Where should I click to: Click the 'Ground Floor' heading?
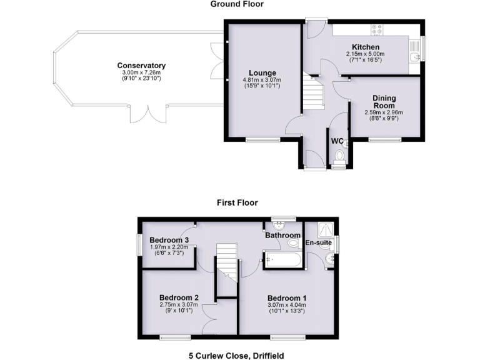[x=237, y=4]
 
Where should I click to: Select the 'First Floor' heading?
[x=237, y=202]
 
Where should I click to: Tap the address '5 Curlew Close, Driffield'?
[x=237, y=355]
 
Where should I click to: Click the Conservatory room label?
[x=141, y=66]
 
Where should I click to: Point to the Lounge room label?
[x=262, y=72]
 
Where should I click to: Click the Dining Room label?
[x=384, y=102]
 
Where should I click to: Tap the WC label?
[x=337, y=141]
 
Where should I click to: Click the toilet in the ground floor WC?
[x=339, y=156]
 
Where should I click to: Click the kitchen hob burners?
[x=377, y=28]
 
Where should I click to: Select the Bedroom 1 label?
[x=287, y=297]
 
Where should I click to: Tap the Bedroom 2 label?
[x=179, y=297]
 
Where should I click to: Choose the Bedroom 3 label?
[x=169, y=241]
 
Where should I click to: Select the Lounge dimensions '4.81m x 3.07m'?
[x=262, y=80]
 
